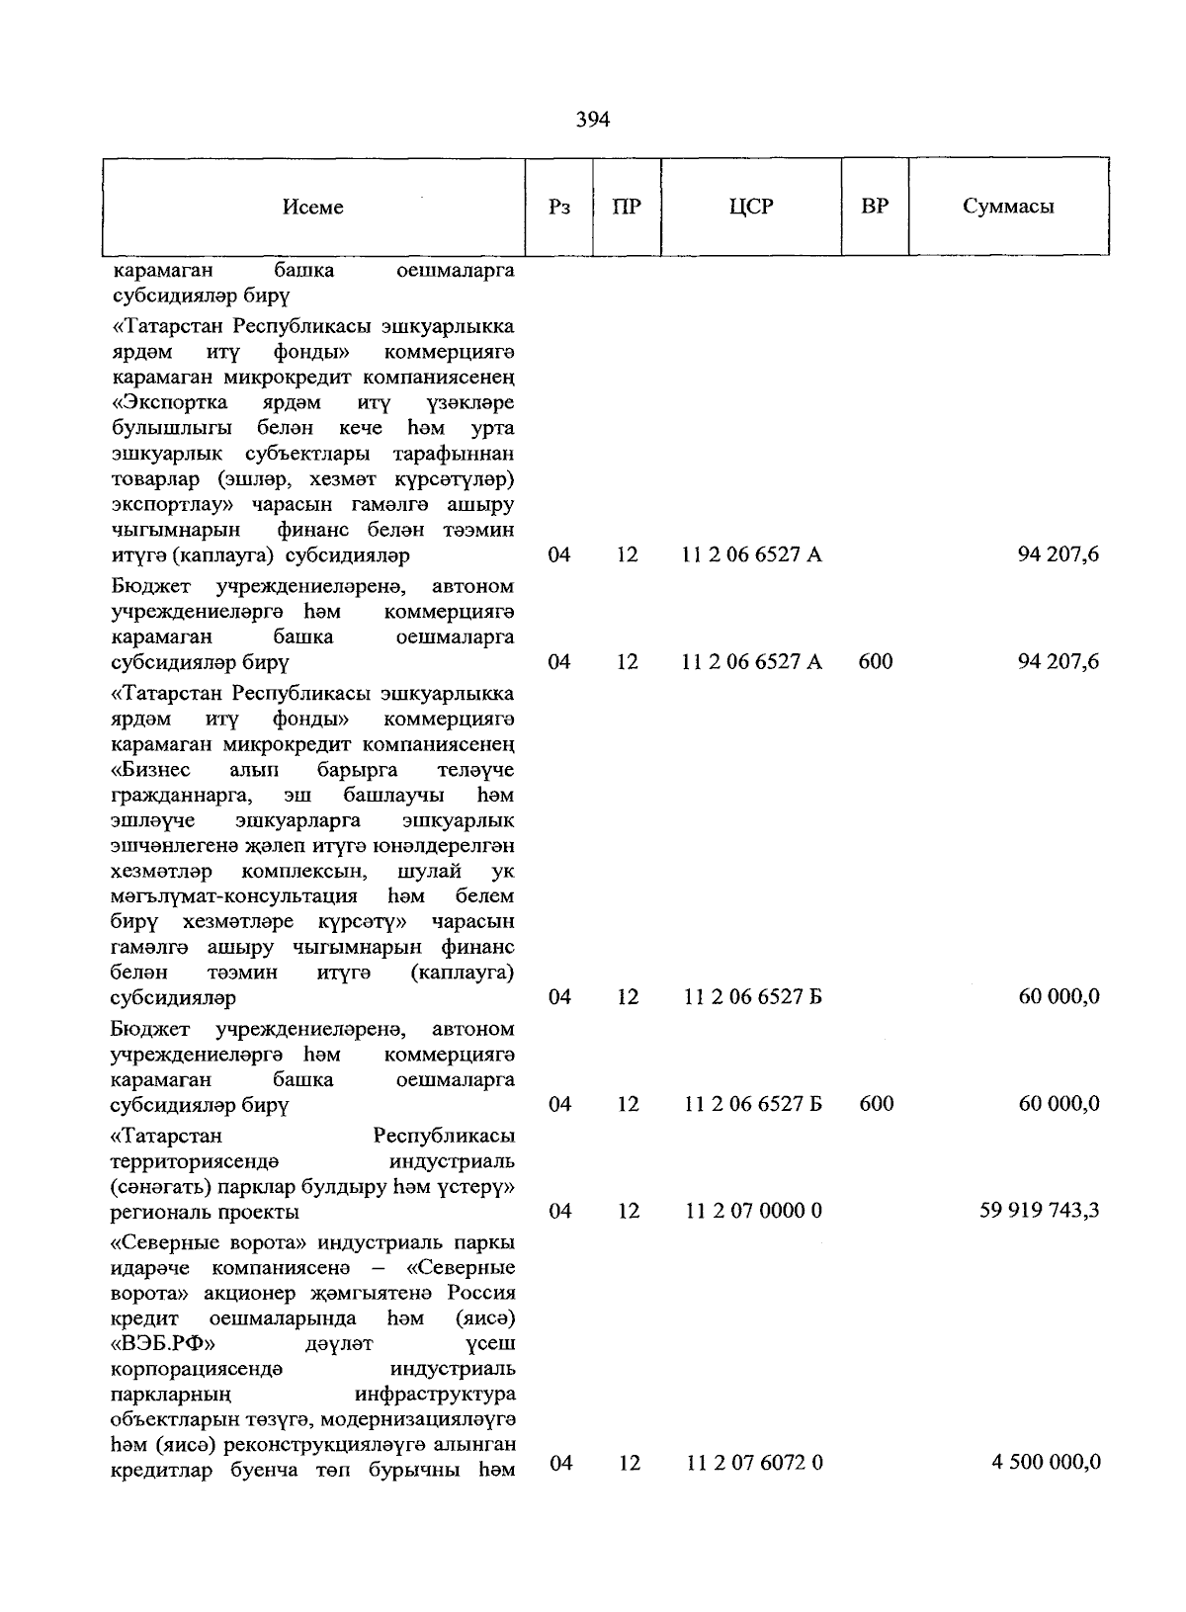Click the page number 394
pos(592,120)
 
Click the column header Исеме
pos(313,207)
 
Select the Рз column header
pos(559,207)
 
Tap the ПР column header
pos(627,207)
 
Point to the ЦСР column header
pos(751,207)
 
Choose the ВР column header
pos(875,207)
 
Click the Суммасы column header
pos(1008,207)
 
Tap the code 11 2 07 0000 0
pos(753,1211)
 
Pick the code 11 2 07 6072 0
pos(754,1463)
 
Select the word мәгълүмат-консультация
pos(234,896)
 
